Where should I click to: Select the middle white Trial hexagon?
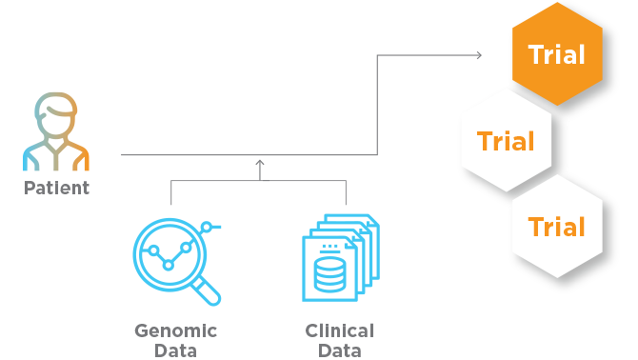tap(506, 141)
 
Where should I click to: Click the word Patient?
tap(56, 188)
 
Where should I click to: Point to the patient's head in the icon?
tap(57, 113)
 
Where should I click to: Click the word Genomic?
tap(176, 331)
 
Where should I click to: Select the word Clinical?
tap(340, 331)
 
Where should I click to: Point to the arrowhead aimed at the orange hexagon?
tap(478, 55)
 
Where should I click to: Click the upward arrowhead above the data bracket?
tap(260, 164)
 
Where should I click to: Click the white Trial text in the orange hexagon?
tap(556, 55)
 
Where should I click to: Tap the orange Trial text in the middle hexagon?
tap(506, 142)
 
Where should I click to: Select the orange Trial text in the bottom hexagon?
tap(557, 228)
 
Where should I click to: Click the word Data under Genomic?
tap(176, 350)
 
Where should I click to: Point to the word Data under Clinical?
tap(340, 350)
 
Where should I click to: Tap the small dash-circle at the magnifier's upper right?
tap(210, 227)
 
